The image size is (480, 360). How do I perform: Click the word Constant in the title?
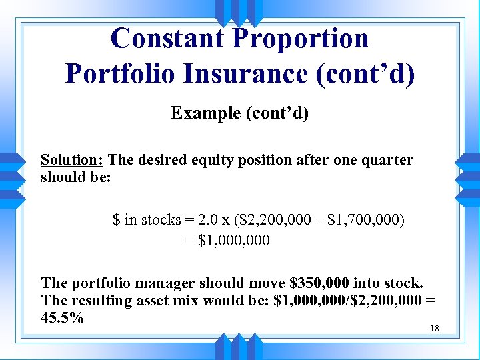pyautogui.click(x=167, y=38)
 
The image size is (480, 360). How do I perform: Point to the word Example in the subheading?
pyautogui.click(x=206, y=113)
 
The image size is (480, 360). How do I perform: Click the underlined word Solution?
pyautogui.click(x=72, y=160)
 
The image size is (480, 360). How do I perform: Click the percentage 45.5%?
pyautogui.click(x=62, y=318)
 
